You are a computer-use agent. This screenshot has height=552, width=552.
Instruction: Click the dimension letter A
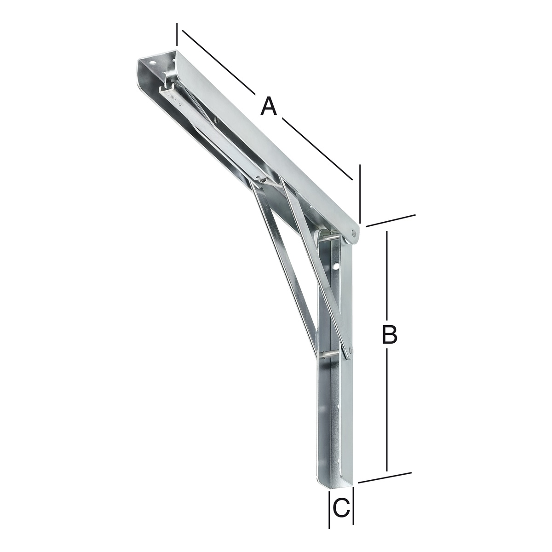(x=269, y=106)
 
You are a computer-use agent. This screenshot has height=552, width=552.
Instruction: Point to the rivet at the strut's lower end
(x=351, y=350)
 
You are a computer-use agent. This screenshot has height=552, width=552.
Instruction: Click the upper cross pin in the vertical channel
(x=332, y=238)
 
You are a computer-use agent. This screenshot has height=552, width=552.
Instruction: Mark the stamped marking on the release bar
(x=175, y=100)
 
